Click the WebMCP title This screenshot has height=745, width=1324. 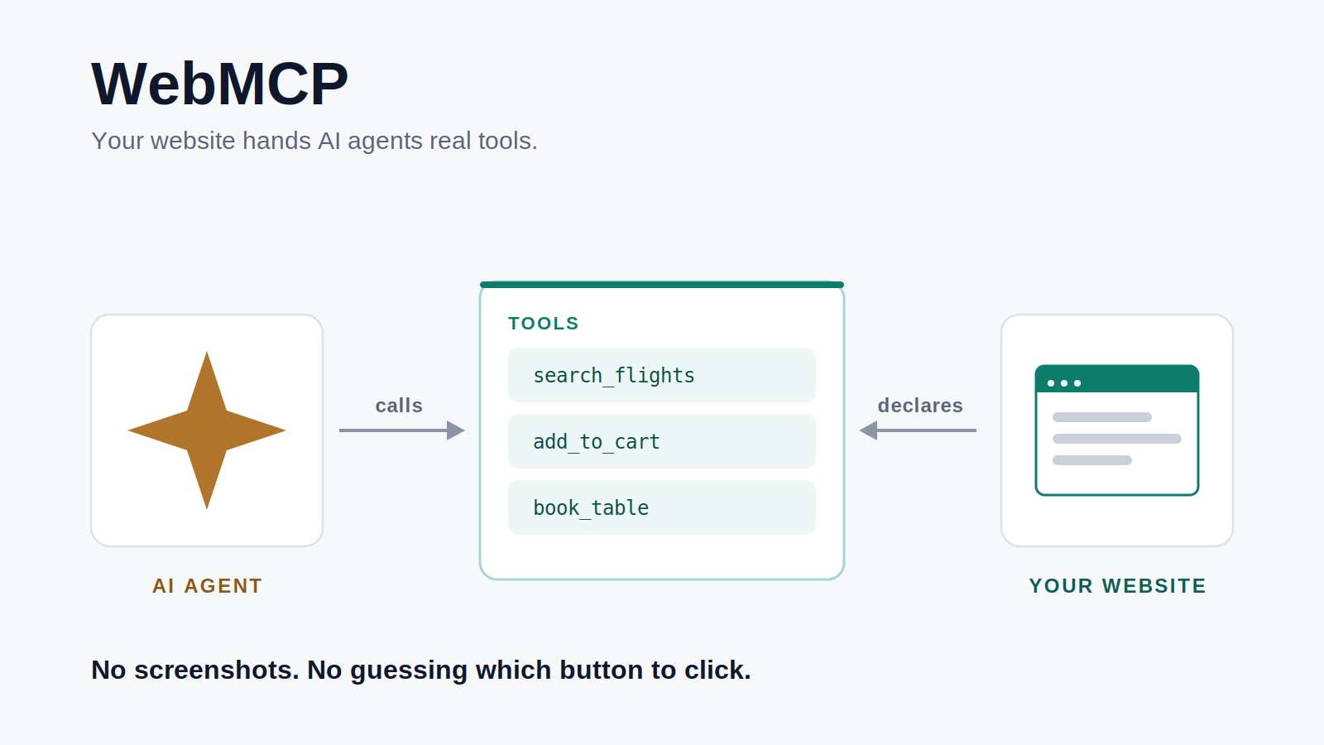click(x=220, y=84)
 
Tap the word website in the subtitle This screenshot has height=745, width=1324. click(x=193, y=141)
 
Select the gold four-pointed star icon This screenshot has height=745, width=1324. click(x=207, y=430)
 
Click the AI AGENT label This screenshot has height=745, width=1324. click(x=207, y=585)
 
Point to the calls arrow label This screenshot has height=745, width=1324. click(x=399, y=406)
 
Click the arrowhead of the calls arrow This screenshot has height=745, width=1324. click(x=456, y=430)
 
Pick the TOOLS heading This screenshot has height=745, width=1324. click(x=543, y=324)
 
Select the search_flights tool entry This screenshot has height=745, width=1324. click(x=662, y=376)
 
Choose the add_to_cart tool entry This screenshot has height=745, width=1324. click(x=662, y=442)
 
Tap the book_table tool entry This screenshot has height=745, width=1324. click(x=662, y=508)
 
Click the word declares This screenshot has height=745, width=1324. click(x=920, y=406)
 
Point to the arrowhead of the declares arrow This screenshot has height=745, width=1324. click(x=868, y=430)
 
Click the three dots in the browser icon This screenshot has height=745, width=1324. click(x=1064, y=383)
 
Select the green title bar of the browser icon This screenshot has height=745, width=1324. click(x=1117, y=378)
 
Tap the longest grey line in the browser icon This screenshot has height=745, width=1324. click(x=1117, y=439)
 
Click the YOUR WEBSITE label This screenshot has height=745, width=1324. click(x=1117, y=585)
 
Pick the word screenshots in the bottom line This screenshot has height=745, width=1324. click(x=216, y=670)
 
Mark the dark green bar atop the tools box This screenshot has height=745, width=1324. click(x=662, y=285)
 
